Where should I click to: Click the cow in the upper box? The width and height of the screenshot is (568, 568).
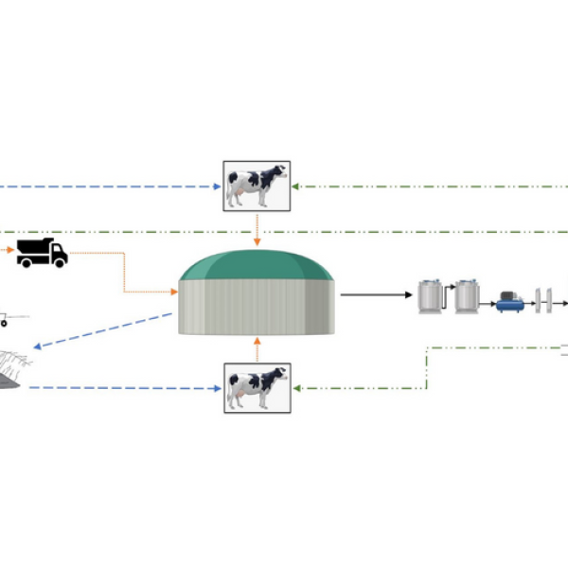pos(256,185)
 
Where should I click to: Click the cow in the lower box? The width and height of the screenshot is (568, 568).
pos(256,387)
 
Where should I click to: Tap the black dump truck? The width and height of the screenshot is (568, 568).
pos(42,252)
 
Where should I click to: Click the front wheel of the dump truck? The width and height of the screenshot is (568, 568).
pos(59,262)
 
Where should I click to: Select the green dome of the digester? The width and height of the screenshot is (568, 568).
pos(257,265)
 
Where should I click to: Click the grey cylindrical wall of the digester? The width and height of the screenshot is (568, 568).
pos(257,308)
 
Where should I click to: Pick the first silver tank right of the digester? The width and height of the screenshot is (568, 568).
pos(433,297)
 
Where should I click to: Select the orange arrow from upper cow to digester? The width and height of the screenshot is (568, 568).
pos(257,230)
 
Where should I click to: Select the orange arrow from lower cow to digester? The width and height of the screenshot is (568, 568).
pos(257,348)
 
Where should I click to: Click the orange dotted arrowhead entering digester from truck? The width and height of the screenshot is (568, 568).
pos(173,292)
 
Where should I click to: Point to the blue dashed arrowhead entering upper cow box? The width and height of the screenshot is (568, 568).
pos(217,186)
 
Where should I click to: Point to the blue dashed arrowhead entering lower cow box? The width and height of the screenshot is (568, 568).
pos(217,387)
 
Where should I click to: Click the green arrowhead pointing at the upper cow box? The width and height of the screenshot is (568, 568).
pos(296,186)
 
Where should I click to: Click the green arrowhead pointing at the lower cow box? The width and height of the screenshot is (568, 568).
pos(296,387)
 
